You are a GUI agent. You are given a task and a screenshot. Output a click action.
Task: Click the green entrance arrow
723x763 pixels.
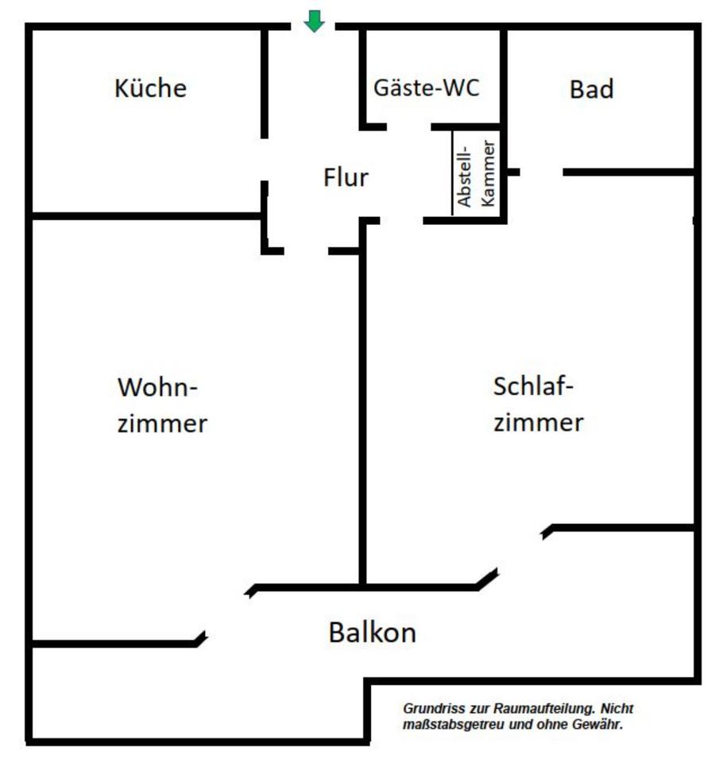point(315,21)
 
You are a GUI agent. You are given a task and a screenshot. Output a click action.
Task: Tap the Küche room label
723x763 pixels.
point(150,88)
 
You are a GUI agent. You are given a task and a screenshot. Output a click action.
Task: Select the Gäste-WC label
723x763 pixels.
point(426,88)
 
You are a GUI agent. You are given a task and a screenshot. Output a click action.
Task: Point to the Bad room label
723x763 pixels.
point(591,90)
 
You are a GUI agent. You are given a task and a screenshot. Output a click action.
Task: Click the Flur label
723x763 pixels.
point(346,177)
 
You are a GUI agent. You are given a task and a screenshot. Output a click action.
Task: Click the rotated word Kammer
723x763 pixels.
point(487,174)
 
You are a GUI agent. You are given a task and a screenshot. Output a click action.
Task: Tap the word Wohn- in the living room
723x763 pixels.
point(157,387)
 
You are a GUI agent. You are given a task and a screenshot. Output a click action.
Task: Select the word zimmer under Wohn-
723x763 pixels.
point(163,424)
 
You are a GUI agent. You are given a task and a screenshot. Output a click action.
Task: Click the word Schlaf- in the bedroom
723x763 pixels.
point(533,386)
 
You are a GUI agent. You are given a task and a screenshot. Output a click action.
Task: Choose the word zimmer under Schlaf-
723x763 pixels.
point(539,422)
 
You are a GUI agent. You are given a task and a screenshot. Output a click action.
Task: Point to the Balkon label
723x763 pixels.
point(372,633)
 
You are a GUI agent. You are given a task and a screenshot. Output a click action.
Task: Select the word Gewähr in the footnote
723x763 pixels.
point(597,725)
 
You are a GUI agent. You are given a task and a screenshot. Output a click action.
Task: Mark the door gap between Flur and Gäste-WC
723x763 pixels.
point(408,127)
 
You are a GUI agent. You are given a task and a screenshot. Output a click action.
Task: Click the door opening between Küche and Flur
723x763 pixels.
point(265,160)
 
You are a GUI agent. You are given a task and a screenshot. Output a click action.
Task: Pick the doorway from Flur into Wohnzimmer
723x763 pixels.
point(306,251)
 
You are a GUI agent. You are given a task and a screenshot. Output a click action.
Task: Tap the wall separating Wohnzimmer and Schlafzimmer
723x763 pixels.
point(362,417)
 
